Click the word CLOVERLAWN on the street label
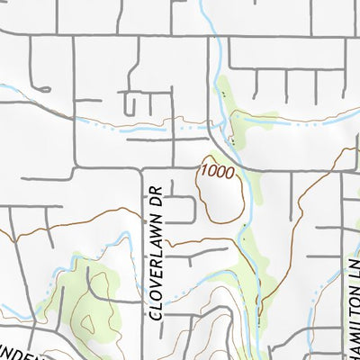(156, 266)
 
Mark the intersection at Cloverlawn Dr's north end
(144, 167)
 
